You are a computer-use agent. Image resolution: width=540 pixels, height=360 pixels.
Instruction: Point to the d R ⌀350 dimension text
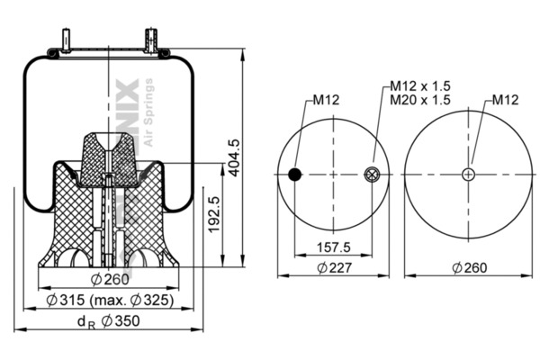[x=108, y=321]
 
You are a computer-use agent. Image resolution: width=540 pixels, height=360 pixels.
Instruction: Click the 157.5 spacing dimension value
[x=335, y=246]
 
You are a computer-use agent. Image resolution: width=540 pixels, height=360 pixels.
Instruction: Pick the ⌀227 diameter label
[x=335, y=267]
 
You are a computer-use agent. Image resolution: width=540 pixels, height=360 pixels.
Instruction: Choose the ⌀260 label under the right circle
[x=469, y=267]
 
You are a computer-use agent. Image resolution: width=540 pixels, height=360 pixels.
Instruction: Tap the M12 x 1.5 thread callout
[x=420, y=86]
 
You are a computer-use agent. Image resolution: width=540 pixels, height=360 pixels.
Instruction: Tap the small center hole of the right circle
[x=469, y=175]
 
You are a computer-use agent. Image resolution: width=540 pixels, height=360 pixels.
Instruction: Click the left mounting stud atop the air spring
[x=68, y=41]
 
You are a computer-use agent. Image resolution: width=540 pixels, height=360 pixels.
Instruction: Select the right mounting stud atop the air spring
[x=150, y=41]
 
